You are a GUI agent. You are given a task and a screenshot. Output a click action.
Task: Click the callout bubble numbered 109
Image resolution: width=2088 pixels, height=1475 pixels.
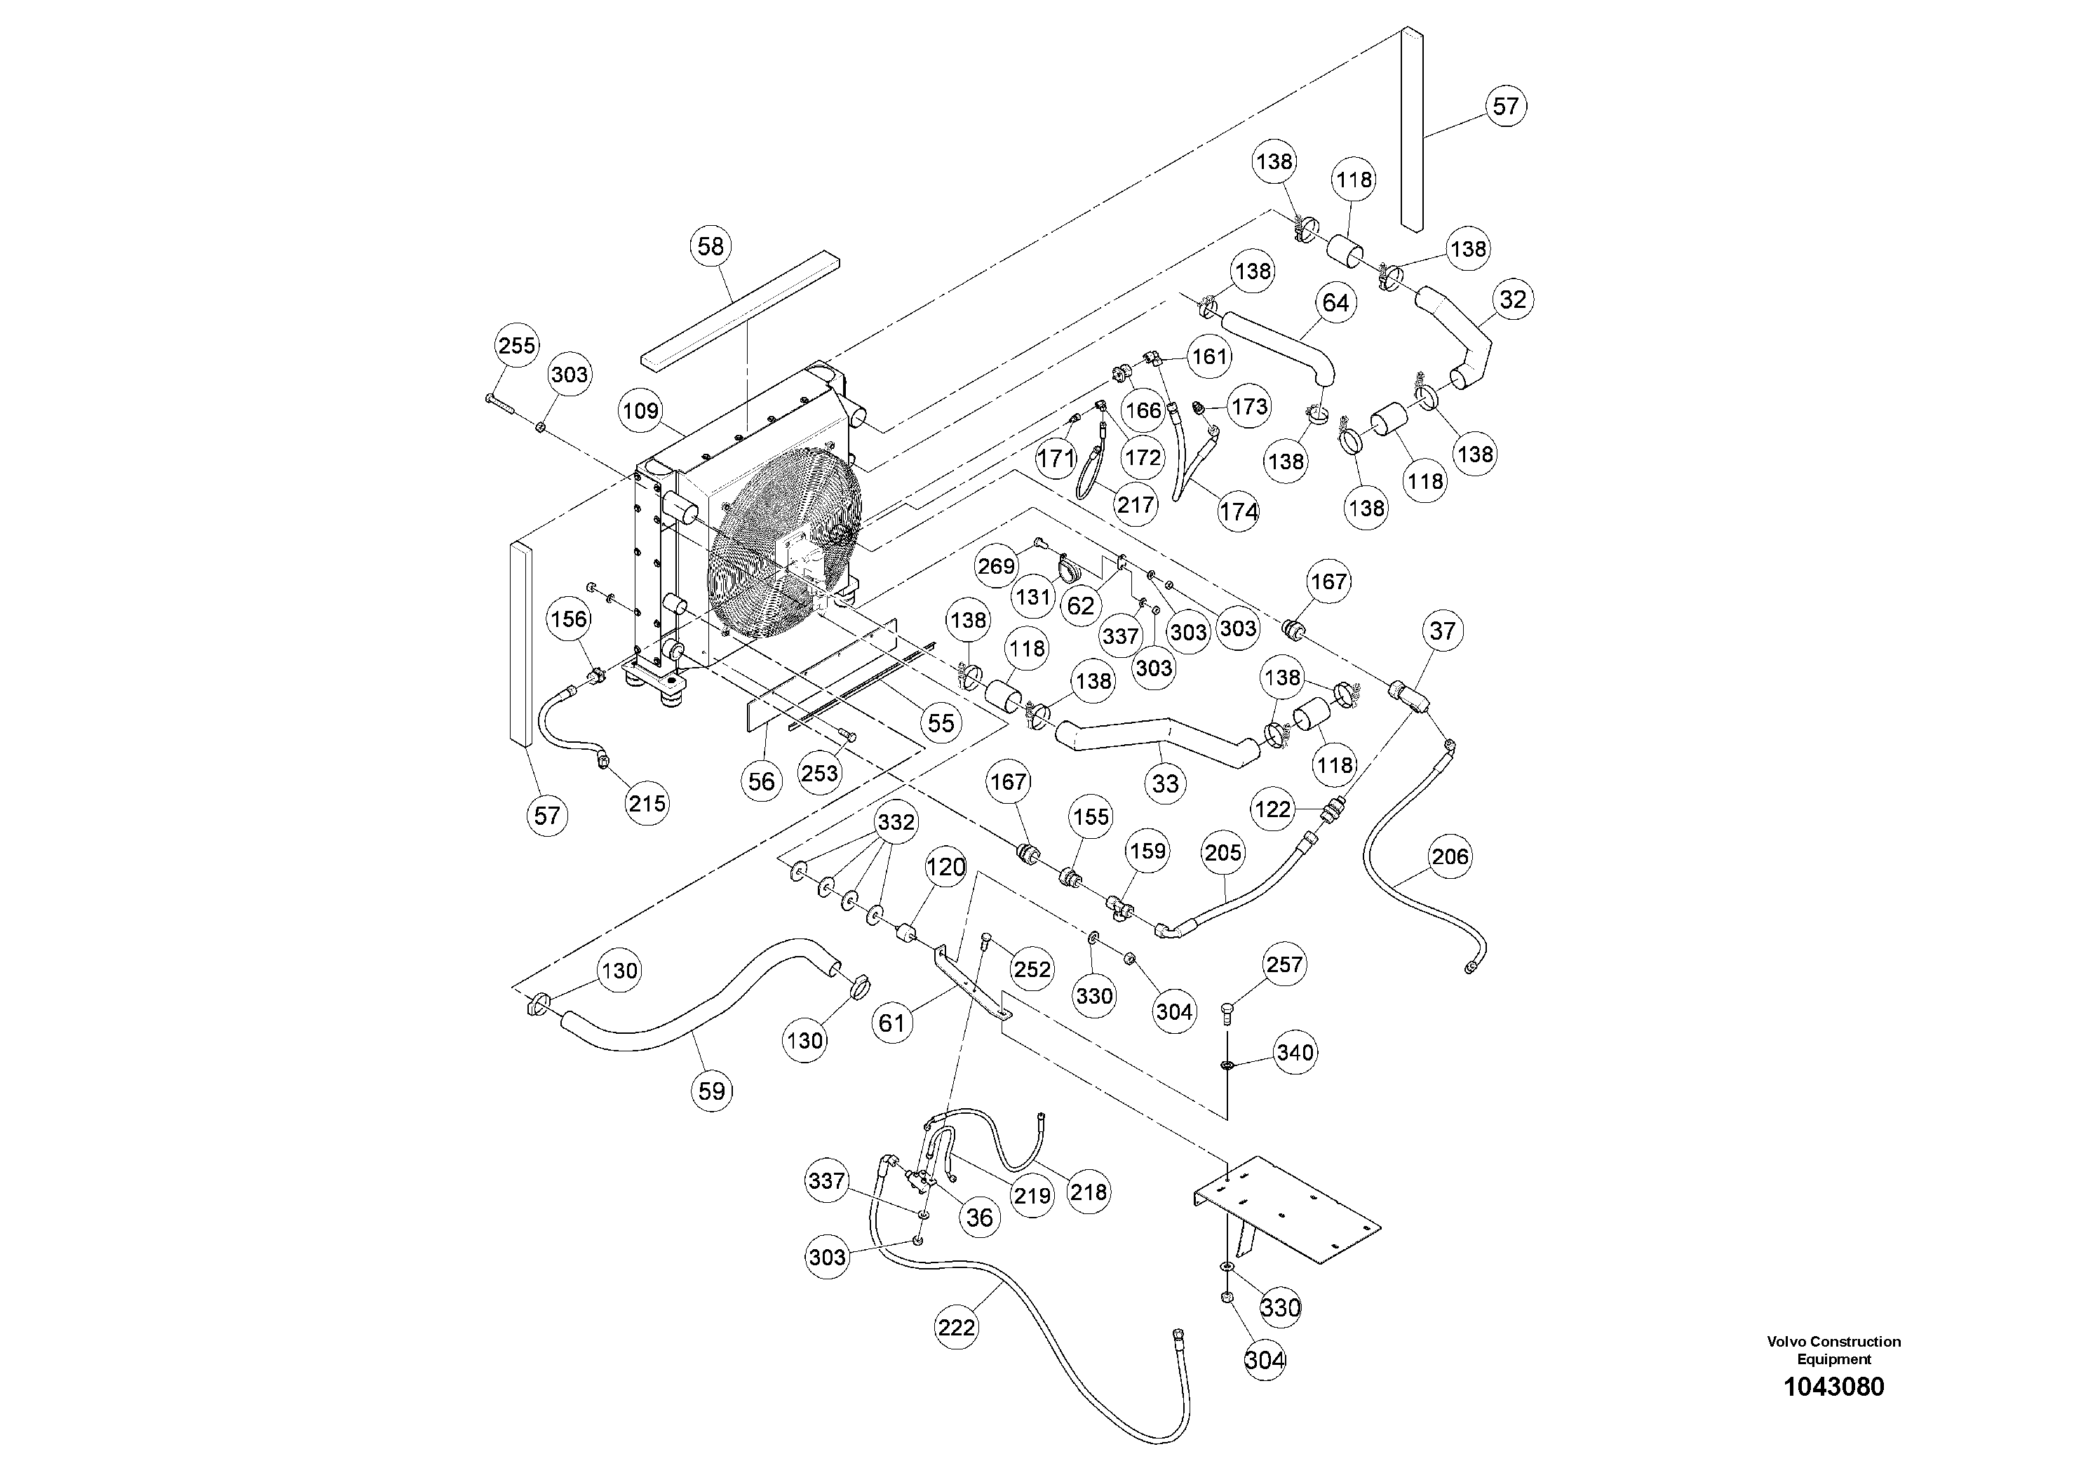point(640,411)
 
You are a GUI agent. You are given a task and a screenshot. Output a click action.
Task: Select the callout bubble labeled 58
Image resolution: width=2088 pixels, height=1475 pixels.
point(711,246)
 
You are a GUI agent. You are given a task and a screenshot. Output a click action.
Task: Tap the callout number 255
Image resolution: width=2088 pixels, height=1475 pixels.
point(516,346)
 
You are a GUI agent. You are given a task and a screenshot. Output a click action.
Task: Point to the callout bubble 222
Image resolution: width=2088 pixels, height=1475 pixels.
point(957,1328)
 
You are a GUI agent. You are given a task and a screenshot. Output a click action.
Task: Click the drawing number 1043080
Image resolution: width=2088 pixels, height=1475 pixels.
point(1833,1387)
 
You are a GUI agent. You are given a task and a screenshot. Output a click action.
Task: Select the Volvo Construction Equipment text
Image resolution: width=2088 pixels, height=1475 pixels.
point(1833,1349)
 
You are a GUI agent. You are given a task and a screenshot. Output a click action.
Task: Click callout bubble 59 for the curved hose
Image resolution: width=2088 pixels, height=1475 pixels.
point(711,1091)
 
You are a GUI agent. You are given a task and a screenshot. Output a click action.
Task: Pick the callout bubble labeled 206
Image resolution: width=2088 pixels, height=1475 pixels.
point(1448,856)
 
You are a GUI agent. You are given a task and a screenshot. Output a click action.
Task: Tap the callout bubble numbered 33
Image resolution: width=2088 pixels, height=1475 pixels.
point(1165,784)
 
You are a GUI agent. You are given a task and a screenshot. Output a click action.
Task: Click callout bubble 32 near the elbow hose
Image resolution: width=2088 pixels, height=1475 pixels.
point(1511,300)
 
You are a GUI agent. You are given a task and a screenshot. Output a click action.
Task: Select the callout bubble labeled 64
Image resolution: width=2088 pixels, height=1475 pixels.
point(1335,303)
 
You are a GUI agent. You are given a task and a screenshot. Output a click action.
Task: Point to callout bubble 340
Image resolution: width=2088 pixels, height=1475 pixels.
point(1294,1053)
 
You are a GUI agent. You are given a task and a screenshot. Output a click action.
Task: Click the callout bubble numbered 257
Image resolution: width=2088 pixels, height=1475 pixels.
point(1284,965)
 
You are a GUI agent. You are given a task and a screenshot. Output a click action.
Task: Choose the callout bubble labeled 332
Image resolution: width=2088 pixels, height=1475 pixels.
point(896,822)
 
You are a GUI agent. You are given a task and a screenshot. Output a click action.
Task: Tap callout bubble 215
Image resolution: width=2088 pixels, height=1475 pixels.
point(647,804)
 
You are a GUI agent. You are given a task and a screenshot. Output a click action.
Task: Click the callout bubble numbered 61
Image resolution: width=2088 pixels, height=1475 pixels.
point(892,1023)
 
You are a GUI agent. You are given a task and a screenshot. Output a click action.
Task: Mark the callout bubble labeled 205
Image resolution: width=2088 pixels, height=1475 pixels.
point(1223,853)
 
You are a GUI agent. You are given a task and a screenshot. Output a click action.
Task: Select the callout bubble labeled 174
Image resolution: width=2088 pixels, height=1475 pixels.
point(1239,512)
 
